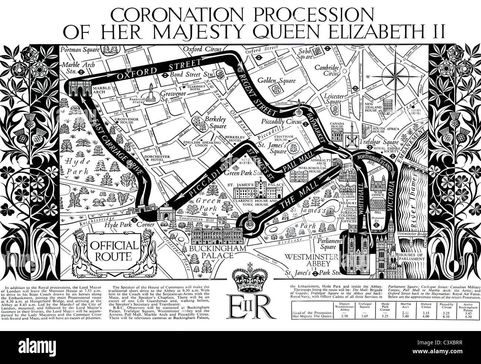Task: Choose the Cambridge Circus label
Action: point(327,70)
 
